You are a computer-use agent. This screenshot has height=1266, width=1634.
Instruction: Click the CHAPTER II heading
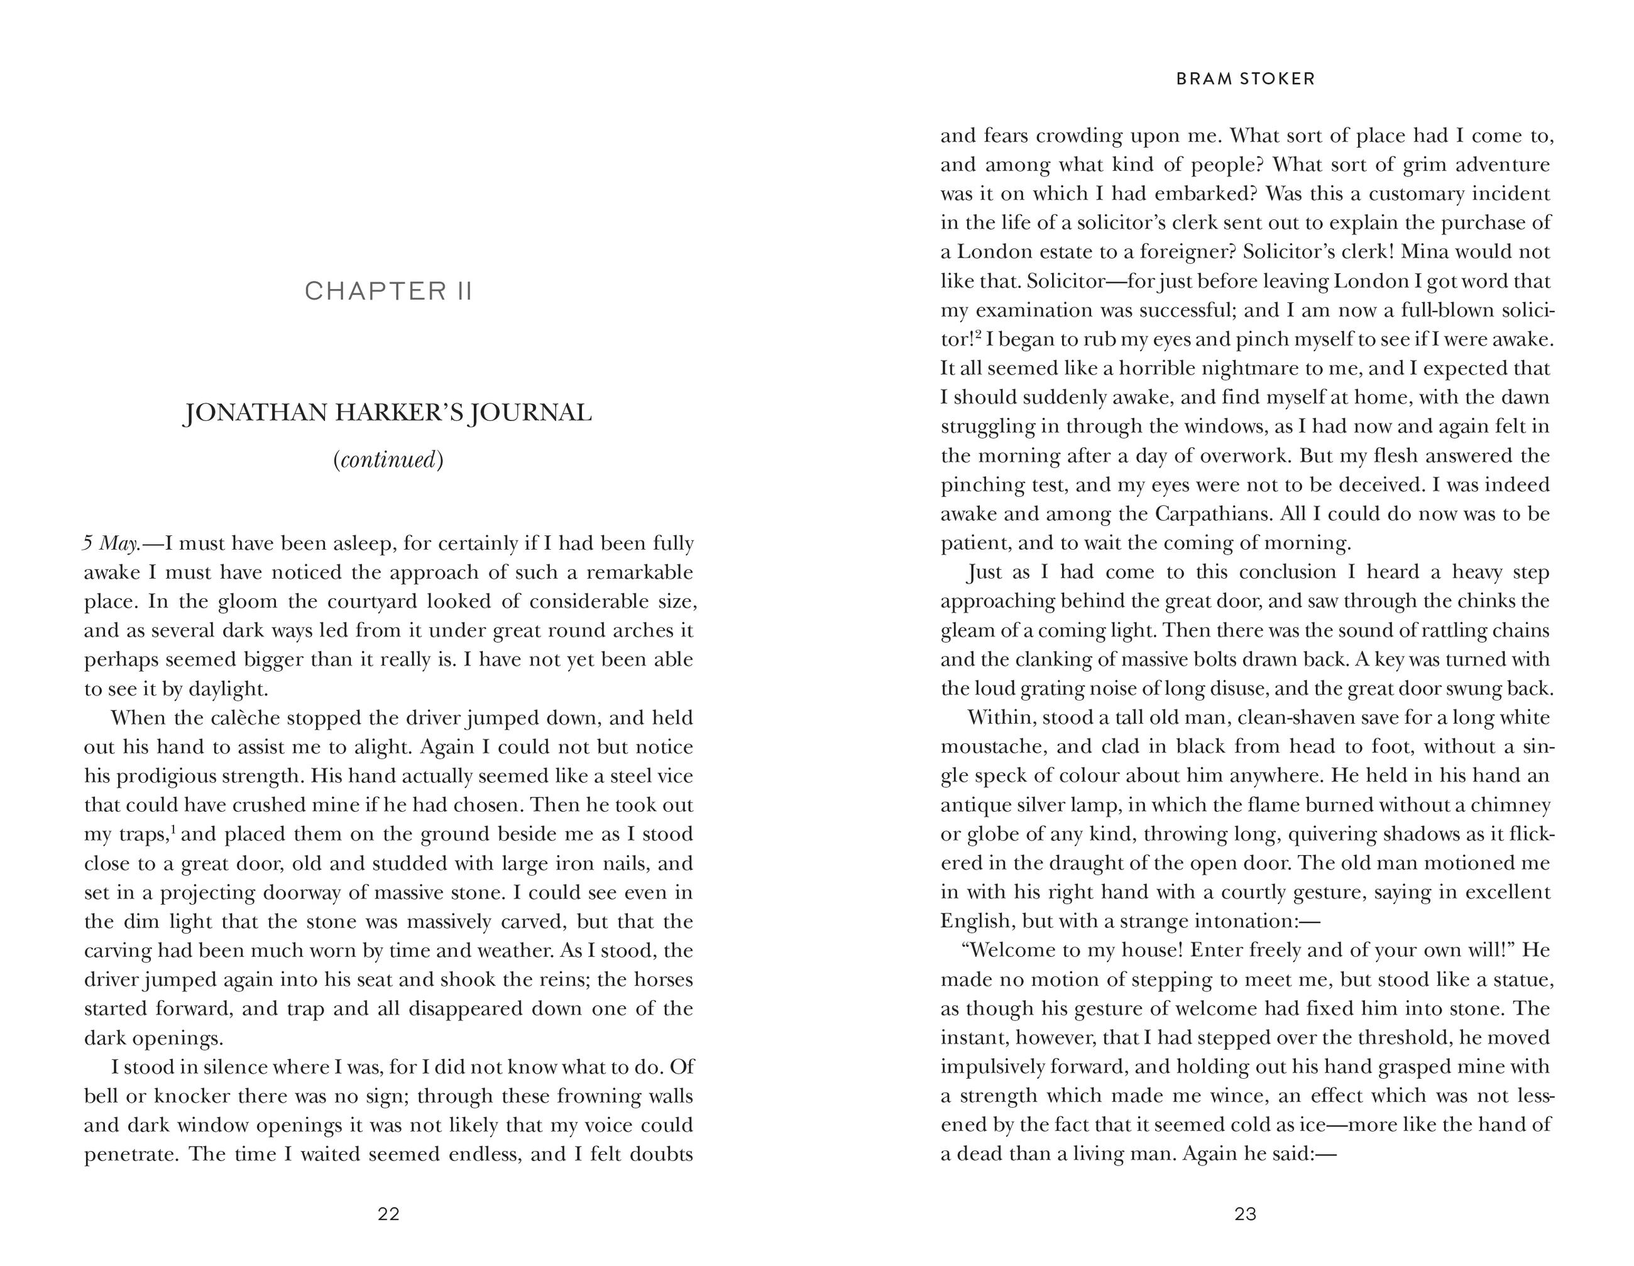click(x=388, y=291)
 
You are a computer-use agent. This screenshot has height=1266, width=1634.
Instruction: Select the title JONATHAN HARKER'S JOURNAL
click(x=388, y=413)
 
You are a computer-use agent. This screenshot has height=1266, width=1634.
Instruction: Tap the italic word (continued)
click(x=388, y=459)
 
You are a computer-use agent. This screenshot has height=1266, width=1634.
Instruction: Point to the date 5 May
click(x=111, y=543)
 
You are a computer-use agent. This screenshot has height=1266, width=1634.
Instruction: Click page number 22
click(x=388, y=1214)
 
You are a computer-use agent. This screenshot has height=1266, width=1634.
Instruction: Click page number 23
click(x=1245, y=1214)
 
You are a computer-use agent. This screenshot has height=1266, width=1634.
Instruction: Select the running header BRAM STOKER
click(x=1245, y=79)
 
